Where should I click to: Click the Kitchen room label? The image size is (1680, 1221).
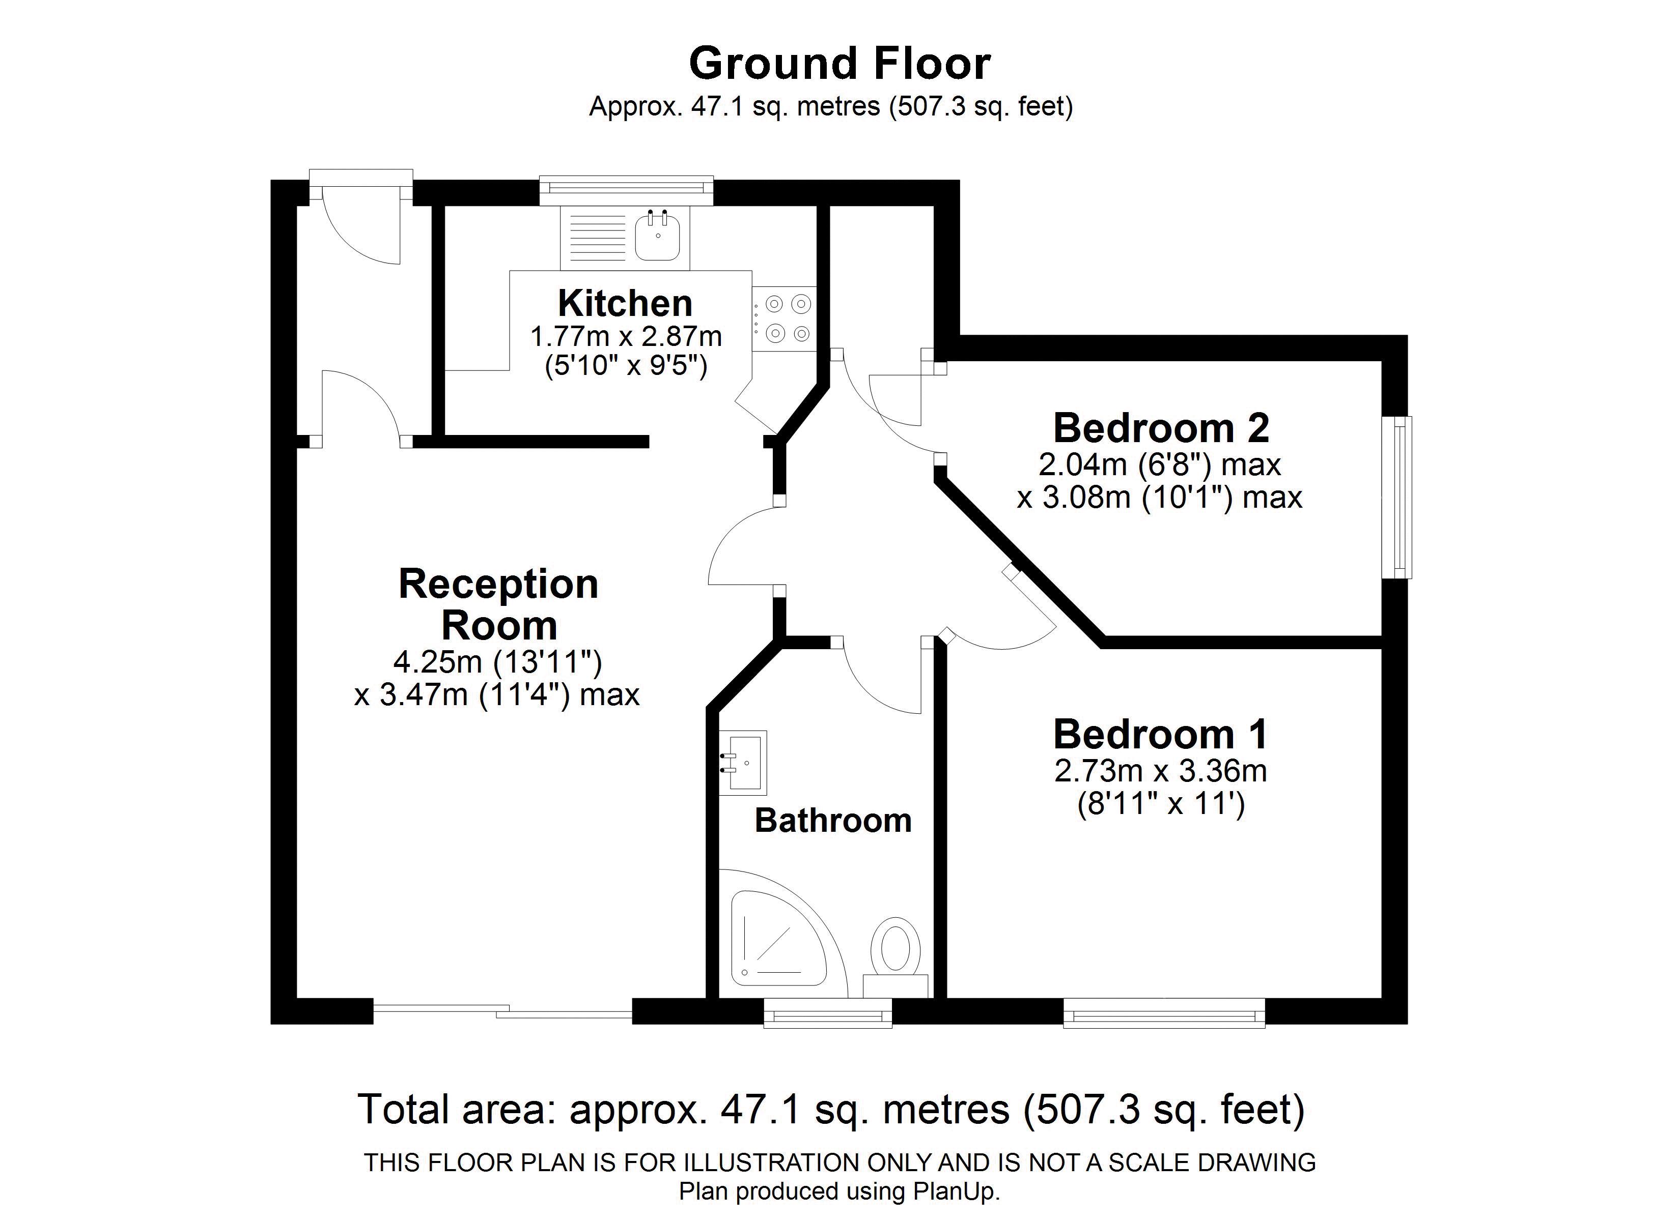(x=625, y=304)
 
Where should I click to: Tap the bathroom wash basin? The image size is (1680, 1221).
(x=743, y=763)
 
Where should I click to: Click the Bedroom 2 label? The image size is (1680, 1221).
(x=1161, y=428)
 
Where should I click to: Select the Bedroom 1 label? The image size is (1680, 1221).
(x=1161, y=735)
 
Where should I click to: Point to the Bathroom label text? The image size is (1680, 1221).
(x=832, y=821)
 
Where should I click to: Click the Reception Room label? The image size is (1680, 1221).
(x=498, y=604)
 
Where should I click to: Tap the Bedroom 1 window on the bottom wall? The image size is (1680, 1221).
(x=1164, y=1012)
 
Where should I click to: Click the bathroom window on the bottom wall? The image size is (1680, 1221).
(x=827, y=1012)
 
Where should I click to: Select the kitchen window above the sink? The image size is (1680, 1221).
(x=626, y=190)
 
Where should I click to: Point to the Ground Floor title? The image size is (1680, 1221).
(x=839, y=64)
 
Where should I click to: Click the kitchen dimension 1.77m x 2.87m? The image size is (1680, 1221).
(x=626, y=337)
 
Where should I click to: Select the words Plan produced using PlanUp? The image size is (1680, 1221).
(x=839, y=1191)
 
